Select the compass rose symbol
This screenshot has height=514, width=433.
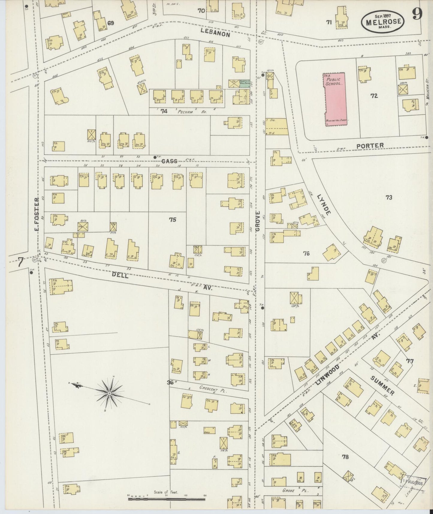tap(109, 393)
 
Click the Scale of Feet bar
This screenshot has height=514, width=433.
tap(167, 499)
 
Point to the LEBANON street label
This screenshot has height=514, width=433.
tap(215, 32)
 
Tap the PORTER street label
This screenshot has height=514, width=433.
tap(370, 146)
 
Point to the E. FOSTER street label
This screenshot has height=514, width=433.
tap(37, 215)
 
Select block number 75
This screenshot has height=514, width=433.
tap(172, 220)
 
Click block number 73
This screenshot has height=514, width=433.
tap(389, 197)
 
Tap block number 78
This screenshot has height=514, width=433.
tap(345, 457)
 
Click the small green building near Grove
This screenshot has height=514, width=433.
tap(245, 84)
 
